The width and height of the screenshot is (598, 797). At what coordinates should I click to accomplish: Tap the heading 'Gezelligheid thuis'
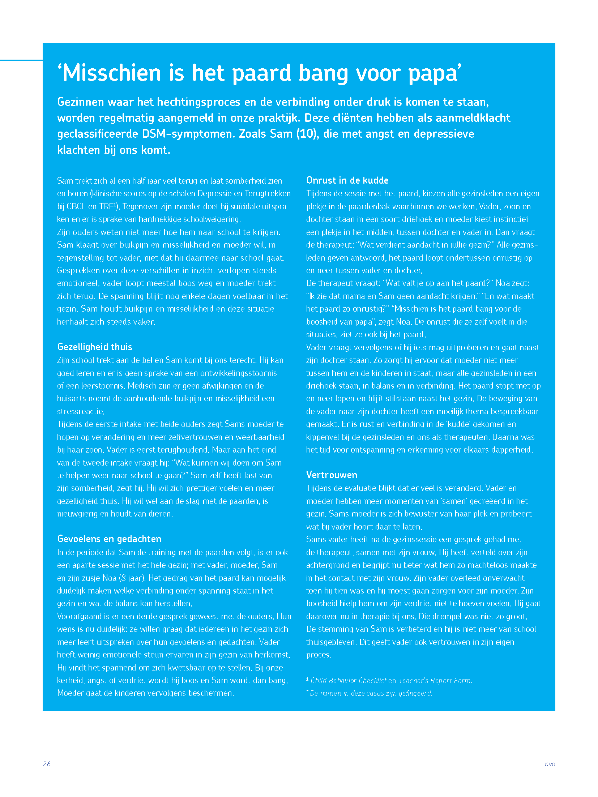pyautogui.click(x=95, y=347)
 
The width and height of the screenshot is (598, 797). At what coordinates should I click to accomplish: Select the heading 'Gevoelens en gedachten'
pyautogui.click(x=109, y=539)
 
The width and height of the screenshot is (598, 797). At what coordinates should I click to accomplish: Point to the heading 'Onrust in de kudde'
pyautogui.click(x=347, y=180)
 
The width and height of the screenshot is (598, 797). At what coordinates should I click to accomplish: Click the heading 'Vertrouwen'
pyautogui.click(x=332, y=475)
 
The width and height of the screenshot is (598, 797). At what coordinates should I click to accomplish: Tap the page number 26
pyautogui.click(x=47, y=764)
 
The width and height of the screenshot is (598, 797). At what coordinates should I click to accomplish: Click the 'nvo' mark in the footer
pyautogui.click(x=550, y=764)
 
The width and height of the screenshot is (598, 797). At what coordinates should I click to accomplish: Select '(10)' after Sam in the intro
pyautogui.click(x=307, y=134)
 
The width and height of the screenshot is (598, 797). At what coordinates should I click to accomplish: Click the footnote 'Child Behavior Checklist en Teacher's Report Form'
pyautogui.click(x=391, y=681)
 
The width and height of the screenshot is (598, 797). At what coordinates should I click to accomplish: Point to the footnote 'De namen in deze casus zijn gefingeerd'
pyautogui.click(x=371, y=693)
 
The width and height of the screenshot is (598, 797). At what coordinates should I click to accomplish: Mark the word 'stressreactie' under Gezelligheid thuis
pyautogui.click(x=80, y=411)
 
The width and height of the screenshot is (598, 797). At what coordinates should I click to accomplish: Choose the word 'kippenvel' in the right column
pyautogui.click(x=323, y=437)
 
